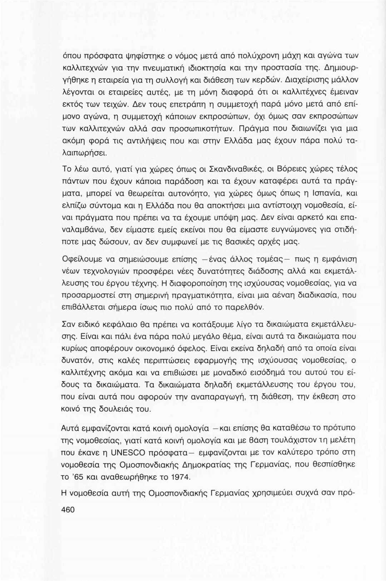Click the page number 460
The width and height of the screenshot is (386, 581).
[68, 510]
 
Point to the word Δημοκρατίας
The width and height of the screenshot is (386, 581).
[207, 465]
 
